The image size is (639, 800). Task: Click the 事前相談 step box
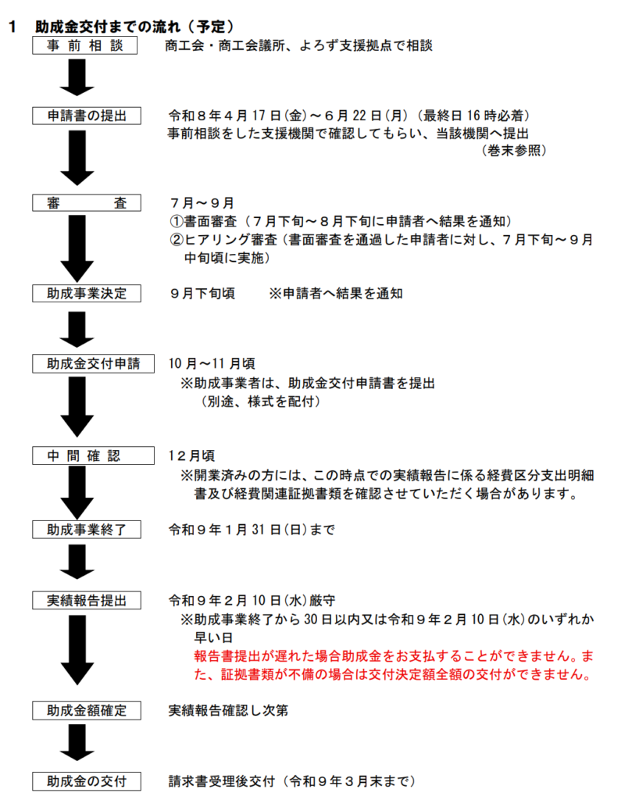click(85, 46)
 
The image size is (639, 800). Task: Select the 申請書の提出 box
click(85, 116)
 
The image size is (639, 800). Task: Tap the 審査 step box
click(85, 203)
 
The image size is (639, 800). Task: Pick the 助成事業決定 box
click(85, 294)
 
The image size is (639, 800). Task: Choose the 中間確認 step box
click(85, 455)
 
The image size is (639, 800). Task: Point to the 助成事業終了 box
click(85, 530)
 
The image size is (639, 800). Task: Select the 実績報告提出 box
click(85, 601)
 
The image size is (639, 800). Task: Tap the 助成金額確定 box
click(85, 710)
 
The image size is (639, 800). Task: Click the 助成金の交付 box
click(85, 780)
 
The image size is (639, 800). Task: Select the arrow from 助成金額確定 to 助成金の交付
click(77, 744)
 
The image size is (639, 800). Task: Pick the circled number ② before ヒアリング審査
click(177, 239)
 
